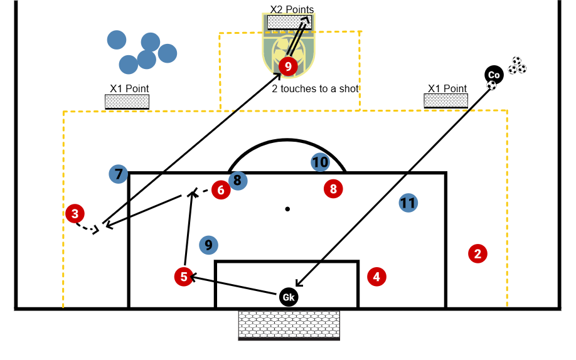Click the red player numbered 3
[75, 213]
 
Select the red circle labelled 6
[221, 189]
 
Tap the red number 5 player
[184, 276]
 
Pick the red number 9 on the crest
[288, 65]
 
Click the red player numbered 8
[333, 188]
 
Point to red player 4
[376, 276]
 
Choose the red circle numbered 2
[477, 253]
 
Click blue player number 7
[118, 174]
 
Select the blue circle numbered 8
[237, 181]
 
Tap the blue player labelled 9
[208, 245]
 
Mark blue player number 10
[320, 162]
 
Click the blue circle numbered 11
[408, 203]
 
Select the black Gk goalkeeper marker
[289, 297]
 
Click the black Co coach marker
[494, 75]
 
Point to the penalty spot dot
[287, 209]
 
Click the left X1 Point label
[129, 88]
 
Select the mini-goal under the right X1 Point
[445, 100]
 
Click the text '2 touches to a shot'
[315, 88]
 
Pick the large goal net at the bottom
[289, 325]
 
